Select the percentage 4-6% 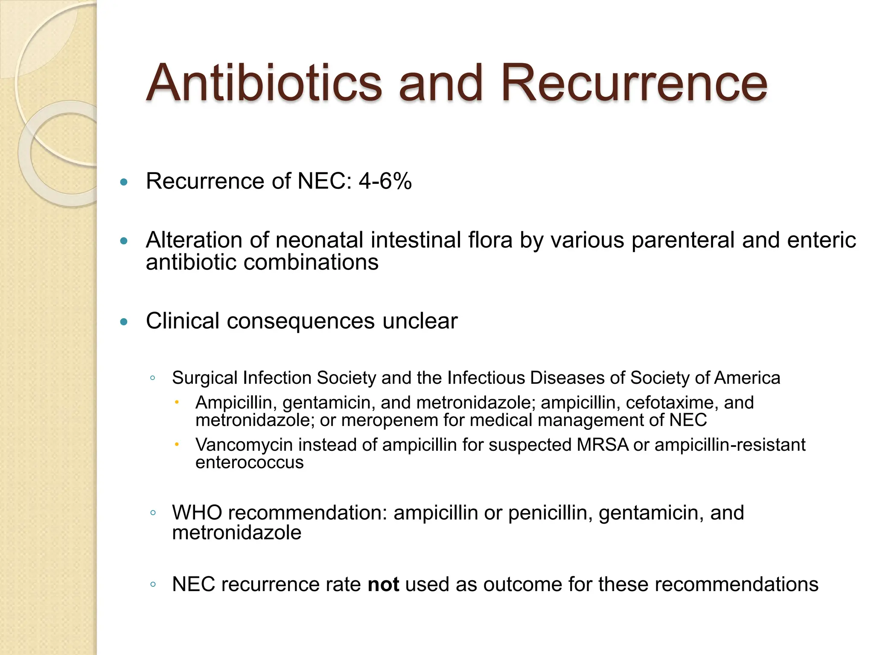385,181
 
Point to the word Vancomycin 244,445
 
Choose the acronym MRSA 603,445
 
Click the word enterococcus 249,462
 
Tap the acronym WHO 197,513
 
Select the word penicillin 550,513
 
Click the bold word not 383,585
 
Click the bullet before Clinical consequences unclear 124,322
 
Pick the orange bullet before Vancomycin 177,445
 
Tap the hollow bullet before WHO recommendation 152,513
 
